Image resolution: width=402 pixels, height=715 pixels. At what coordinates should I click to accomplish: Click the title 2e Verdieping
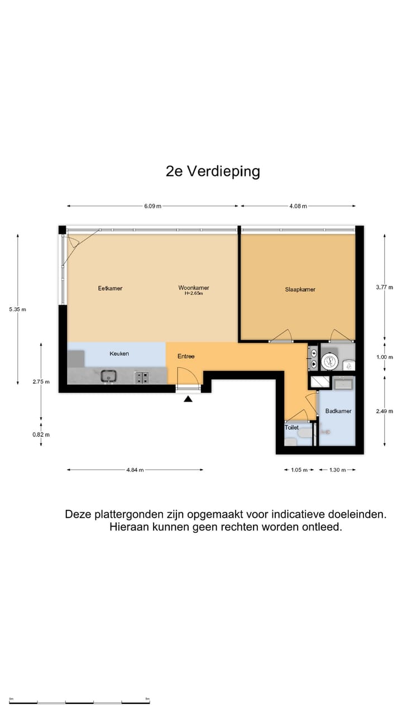(x=213, y=171)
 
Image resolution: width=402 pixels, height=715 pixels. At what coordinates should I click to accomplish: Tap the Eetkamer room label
(x=110, y=288)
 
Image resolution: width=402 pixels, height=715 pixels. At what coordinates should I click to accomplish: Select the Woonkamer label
(x=194, y=288)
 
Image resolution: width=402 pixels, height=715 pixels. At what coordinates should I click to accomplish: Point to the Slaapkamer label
(x=300, y=289)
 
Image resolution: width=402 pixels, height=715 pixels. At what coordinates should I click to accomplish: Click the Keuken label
(x=119, y=354)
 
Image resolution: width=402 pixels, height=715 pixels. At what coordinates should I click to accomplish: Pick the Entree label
(x=186, y=356)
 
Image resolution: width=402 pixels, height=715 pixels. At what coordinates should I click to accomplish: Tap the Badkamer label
(x=338, y=411)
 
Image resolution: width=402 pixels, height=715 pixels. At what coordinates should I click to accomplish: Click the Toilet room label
(x=291, y=427)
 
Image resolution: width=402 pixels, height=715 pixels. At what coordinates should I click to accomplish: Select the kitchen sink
(x=108, y=376)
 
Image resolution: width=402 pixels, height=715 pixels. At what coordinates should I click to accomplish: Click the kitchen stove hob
(x=142, y=378)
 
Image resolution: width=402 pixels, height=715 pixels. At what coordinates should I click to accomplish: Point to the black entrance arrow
(x=188, y=398)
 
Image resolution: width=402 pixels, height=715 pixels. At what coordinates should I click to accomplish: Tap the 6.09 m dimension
(x=152, y=206)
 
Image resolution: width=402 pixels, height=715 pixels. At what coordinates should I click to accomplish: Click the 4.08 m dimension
(x=298, y=206)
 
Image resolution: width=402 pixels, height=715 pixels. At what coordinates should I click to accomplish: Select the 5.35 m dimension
(x=17, y=309)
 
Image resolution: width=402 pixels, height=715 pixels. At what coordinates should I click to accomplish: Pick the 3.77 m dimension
(x=385, y=287)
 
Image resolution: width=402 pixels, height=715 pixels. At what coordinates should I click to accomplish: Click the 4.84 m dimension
(x=135, y=470)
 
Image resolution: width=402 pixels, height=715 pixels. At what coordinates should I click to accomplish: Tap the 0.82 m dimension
(x=41, y=435)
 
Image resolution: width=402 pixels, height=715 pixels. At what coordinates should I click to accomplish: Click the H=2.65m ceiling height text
(x=194, y=293)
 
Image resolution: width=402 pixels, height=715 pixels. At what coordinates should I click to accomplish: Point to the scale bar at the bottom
(x=79, y=702)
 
